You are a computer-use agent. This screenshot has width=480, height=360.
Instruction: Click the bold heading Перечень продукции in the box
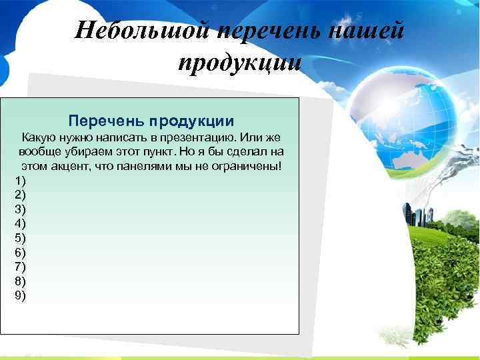[151, 121]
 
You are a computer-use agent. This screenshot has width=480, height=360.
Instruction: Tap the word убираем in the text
[82, 151]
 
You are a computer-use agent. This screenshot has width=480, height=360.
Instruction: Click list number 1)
[19, 181]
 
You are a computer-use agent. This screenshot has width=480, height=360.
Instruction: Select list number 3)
[19, 209]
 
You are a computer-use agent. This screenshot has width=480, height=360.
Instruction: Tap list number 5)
[19, 238]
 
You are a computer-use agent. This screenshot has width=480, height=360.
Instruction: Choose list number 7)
[19, 267]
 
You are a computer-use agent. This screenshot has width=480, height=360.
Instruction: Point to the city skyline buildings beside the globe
[417, 215]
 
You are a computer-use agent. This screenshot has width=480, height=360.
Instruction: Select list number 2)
[19, 195]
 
